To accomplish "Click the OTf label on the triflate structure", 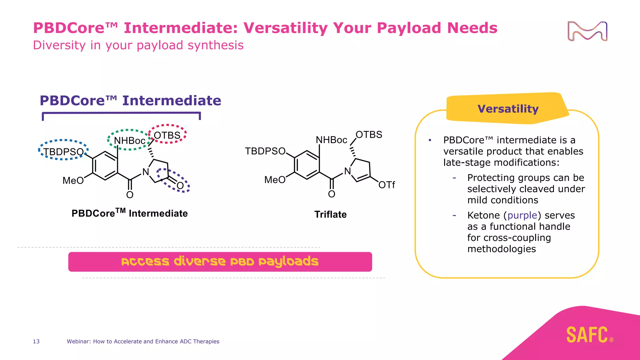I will point(387,185).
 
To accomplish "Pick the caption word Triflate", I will point(330,214).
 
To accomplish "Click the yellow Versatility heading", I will point(508,109).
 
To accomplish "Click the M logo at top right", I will point(587,31).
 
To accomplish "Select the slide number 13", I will point(36,341).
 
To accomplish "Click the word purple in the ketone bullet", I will point(522,215).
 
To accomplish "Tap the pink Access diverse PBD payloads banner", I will point(220,262).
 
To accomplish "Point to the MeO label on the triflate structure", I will point(275,180).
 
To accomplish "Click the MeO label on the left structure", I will point(73,180).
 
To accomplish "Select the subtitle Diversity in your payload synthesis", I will point(138,45).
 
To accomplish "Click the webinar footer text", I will point(143,341).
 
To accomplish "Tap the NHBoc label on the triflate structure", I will point(331,140).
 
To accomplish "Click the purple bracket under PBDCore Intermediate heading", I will point(121,113).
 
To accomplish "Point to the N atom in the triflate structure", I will point(347,171).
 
